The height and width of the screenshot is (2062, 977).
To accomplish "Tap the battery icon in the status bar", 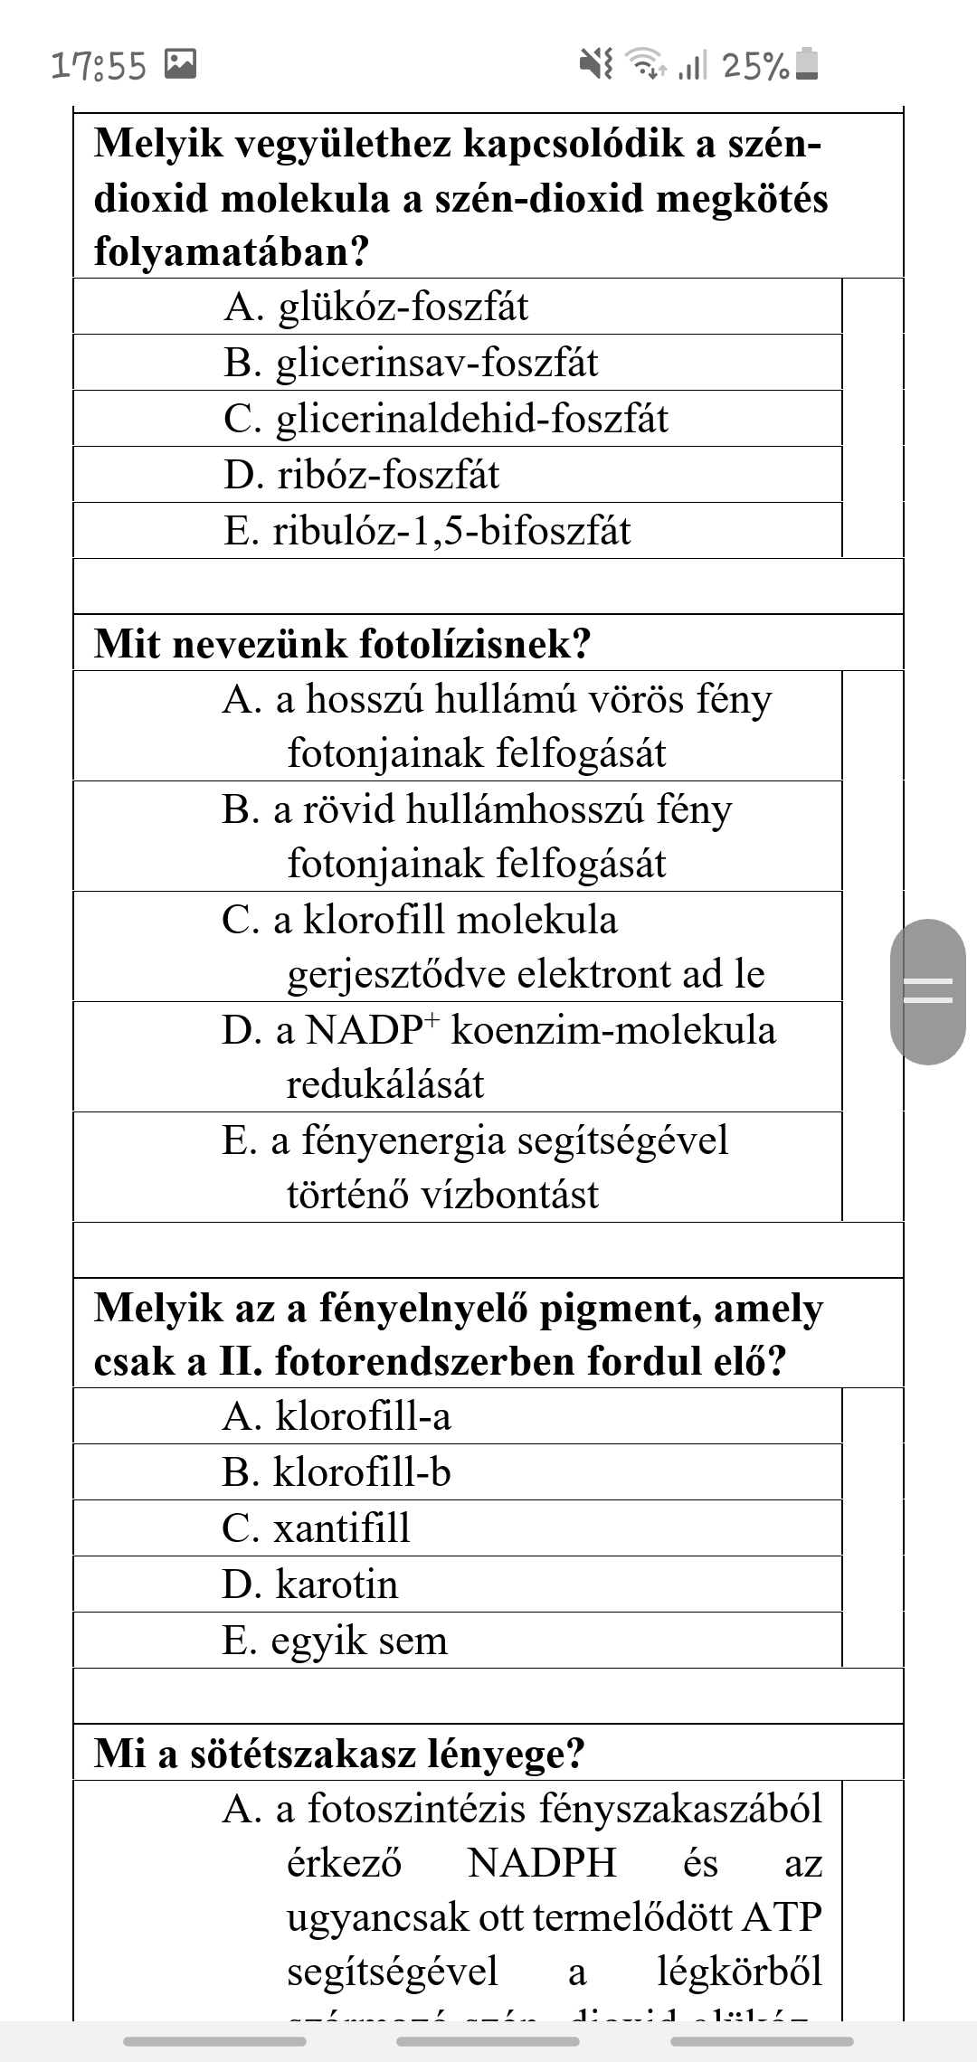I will [x=807, y=64].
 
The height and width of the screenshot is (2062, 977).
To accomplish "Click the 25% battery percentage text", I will [x=756, y=65].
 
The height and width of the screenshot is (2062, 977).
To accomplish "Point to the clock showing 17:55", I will [x=99, y=65].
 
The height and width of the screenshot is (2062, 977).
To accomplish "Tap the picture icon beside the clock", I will [x=180, y=63].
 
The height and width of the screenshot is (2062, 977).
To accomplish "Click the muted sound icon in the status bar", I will [x=596, y=63].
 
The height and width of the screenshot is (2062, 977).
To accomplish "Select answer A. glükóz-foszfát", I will [x=375, y=307].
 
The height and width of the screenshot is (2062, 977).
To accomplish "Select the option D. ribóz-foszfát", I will [x=361, y=475].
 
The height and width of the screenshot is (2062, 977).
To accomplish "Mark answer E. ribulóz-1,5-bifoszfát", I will [x=426, y=531].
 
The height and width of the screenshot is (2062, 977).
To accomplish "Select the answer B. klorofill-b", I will [x=337, y=1472].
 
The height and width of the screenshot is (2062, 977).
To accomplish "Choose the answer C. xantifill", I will [x=316, y=1528].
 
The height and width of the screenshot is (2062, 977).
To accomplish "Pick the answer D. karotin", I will [x=309, y=1584].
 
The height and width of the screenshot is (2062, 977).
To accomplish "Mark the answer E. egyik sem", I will [x=335, y=1641].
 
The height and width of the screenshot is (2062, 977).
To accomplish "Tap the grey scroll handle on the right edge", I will [x=928, y=991].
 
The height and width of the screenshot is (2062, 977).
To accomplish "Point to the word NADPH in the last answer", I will [x=542, y=1864].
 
